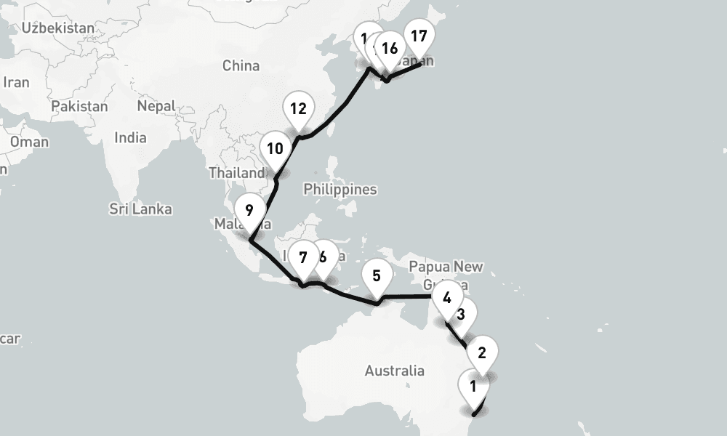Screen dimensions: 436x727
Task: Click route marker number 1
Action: [473, 387]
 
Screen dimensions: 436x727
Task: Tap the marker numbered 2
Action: [481, 354]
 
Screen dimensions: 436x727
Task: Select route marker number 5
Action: [377, 276]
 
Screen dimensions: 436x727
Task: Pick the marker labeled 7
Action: [302, 257]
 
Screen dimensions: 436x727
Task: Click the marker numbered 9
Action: [249, 211]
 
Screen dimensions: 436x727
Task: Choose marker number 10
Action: [275, 149]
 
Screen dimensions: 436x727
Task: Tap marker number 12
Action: [297, 110]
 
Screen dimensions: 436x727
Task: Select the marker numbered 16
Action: [389, 49]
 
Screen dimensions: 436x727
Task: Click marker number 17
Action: [418, 35]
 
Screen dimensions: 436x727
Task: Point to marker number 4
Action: [446, 297]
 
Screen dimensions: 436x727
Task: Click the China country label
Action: [241, 66]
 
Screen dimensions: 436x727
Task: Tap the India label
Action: [131, 137]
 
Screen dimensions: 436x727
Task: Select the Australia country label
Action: [395, 371]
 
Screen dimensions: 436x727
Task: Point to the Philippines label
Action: [340, 190]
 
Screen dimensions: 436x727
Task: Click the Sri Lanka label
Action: [141, 209]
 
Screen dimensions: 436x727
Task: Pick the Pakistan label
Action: [79, 106]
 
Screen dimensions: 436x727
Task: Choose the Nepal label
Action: [156, 106]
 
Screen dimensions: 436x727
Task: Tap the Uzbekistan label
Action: [58, 28]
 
